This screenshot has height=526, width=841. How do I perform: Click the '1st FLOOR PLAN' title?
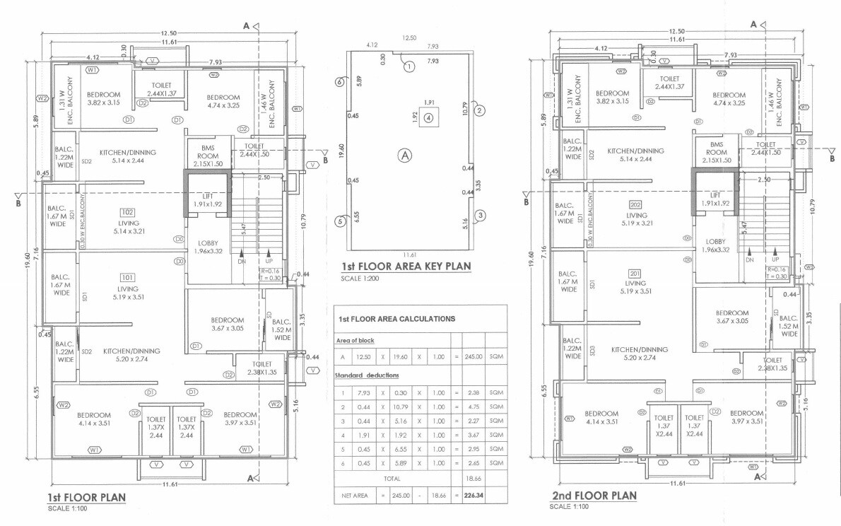tap(86, 497)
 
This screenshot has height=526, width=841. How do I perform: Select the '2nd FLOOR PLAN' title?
tap(594, 495)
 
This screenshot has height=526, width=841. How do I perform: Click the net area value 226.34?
tap(474, 496)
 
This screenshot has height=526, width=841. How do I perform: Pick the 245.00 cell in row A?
tap(474, 357)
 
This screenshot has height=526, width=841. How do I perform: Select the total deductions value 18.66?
tap(474, 479)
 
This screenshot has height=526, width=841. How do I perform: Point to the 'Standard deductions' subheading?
tap(367, 375)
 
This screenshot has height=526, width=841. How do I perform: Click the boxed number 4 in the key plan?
tap(428, 119)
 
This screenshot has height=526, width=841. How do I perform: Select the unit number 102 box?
tap(128, 211)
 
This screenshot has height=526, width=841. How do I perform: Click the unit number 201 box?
tap(635, 274)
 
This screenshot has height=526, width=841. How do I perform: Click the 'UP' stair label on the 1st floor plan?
tap(269, 261)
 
